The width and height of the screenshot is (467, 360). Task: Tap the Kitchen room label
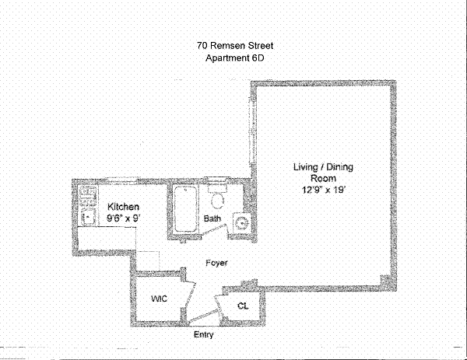[x=123, y=207]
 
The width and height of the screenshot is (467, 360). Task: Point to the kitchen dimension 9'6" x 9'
[x=123, y=218]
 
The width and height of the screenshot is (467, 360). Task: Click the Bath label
[x=212, y=219]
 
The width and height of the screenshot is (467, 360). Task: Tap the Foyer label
[x=216, y=263]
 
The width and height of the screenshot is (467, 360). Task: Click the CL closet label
[x=242, y=306]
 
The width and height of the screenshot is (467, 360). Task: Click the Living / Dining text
[x=321, y=166]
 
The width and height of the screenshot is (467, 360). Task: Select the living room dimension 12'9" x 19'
[x=321, y=189]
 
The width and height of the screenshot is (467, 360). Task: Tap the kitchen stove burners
[x=86, y=198]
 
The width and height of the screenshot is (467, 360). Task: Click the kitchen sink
[x=86, y=218]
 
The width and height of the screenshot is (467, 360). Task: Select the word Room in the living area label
[x=321, y=178]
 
